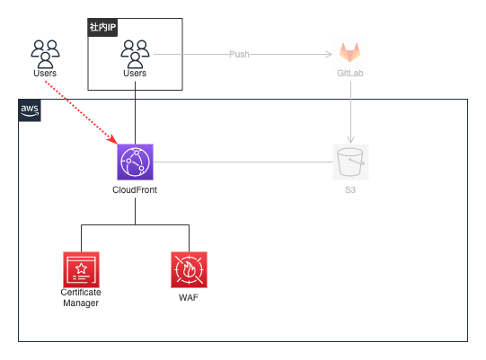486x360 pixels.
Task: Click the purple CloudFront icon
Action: click(135, 162)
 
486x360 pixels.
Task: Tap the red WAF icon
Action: click(189, 269)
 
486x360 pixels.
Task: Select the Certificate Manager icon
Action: click(81, 269)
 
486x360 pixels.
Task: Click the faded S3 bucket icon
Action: click(350, 162)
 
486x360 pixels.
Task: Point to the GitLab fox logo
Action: click(350, 53)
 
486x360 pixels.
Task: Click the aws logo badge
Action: click(30, 110)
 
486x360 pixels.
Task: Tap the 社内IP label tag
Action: click(102, 27)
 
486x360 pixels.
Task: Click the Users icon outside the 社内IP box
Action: click(45, 54)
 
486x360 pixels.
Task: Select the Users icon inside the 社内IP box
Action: click(135, 54)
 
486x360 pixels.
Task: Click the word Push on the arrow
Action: click(239, 54)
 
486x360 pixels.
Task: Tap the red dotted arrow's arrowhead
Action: click(112, 139)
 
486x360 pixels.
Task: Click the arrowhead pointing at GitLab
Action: click(329, 54)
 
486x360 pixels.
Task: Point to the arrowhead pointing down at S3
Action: click(350, 140)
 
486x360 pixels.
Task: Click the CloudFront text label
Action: click(135, 189)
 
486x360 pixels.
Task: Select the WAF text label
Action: click(189, 297)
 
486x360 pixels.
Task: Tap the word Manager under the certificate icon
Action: click(81, 303)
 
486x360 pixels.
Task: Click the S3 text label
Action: click(350, 189)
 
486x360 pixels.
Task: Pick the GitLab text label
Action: click(350, 73)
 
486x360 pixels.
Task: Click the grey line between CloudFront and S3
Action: click(243, 162)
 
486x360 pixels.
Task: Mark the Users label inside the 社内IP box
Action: click(135, 73)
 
